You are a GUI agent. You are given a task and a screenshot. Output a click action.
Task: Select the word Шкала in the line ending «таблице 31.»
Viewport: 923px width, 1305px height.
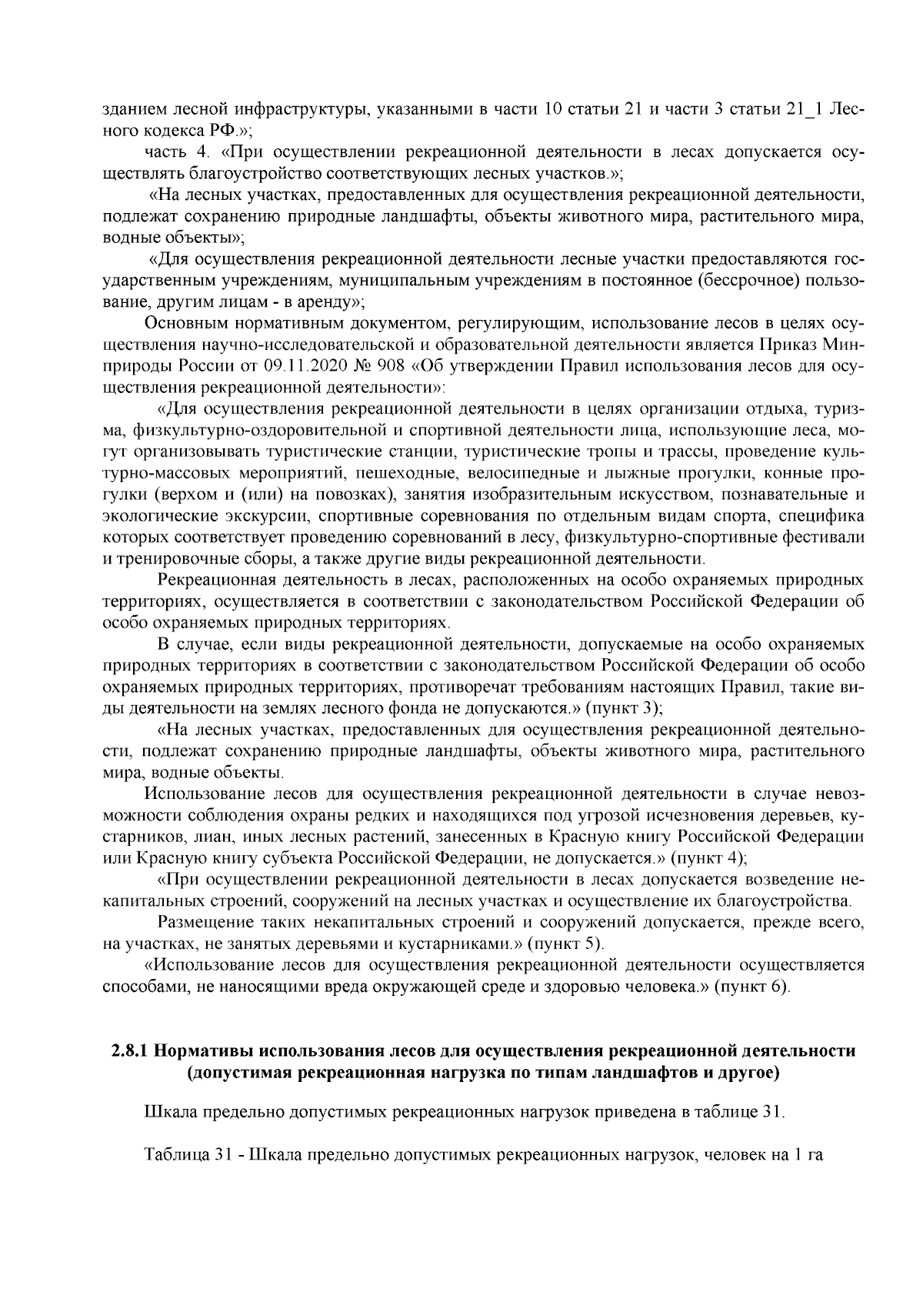[x=165, y=1113]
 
